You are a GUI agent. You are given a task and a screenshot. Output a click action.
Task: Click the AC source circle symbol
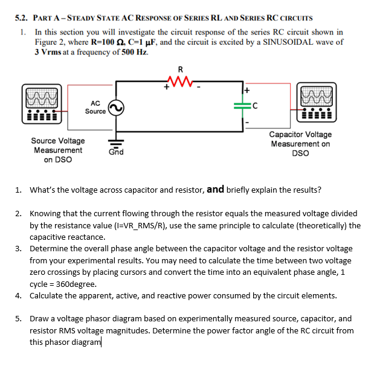click(x=116, y=107)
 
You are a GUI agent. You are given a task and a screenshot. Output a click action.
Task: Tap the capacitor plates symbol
click(x=244, y=108)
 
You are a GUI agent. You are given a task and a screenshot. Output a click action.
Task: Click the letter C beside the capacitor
click(x=256, y=108)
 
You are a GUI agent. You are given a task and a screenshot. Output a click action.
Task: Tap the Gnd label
click(x=116, y=152)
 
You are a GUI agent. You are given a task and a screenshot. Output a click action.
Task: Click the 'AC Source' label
click(x=95, y=107)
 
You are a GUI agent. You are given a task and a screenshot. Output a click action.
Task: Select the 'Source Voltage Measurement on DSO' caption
click(x=58, y=150)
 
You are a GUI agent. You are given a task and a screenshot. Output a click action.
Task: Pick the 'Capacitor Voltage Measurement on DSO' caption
click(x=300, y=144)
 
